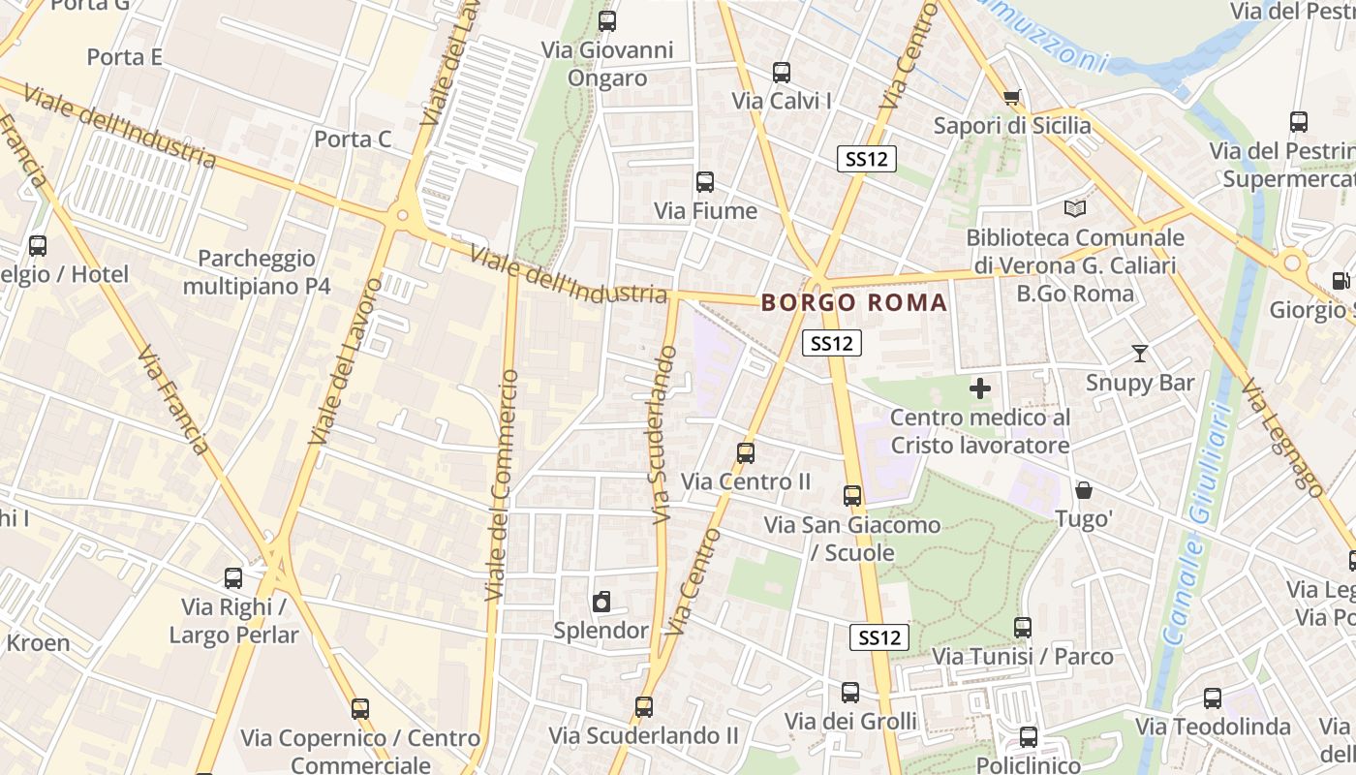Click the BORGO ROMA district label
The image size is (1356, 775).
pyautogui.click(x=853, y=302)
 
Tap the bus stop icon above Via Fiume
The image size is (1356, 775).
pyautogui.click(x=705, y=181)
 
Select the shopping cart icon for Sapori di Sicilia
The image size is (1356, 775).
pyautogui.click(x=1012, y=97)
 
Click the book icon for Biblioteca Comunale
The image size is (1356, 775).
pyautogui.click(x=1074, y=208)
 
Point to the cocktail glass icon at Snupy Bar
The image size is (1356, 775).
pyautogui.click(x=1140, y=354)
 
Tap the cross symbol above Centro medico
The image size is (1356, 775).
pyautogui.click(x=980, y=388)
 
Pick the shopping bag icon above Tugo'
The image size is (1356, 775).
pyautogui.click(x=1084, y=491)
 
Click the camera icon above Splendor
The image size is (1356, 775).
pyautogui.click(x=601, y=602)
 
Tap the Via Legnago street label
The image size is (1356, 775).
pyautogui.click(x=1281, y=437)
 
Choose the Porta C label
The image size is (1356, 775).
pyautogui.click(x=353, y=139)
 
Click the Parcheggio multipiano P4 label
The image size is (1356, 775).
pyautogui.click(x=257, y=272)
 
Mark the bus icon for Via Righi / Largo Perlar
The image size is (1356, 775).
pyautogui.click(x=233, y=578)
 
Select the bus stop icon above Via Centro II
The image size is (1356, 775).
pyautogui.click(x=746, y=452)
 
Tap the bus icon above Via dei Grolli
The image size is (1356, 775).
pyautogui.click(x=850, y=692)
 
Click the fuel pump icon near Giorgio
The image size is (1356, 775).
pyautogui.click(x=1341, y=281)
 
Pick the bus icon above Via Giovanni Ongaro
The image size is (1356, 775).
pyautogui.click(x=607, y=20)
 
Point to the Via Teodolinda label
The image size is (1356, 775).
pyautogui.click(x=1213, y=727)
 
